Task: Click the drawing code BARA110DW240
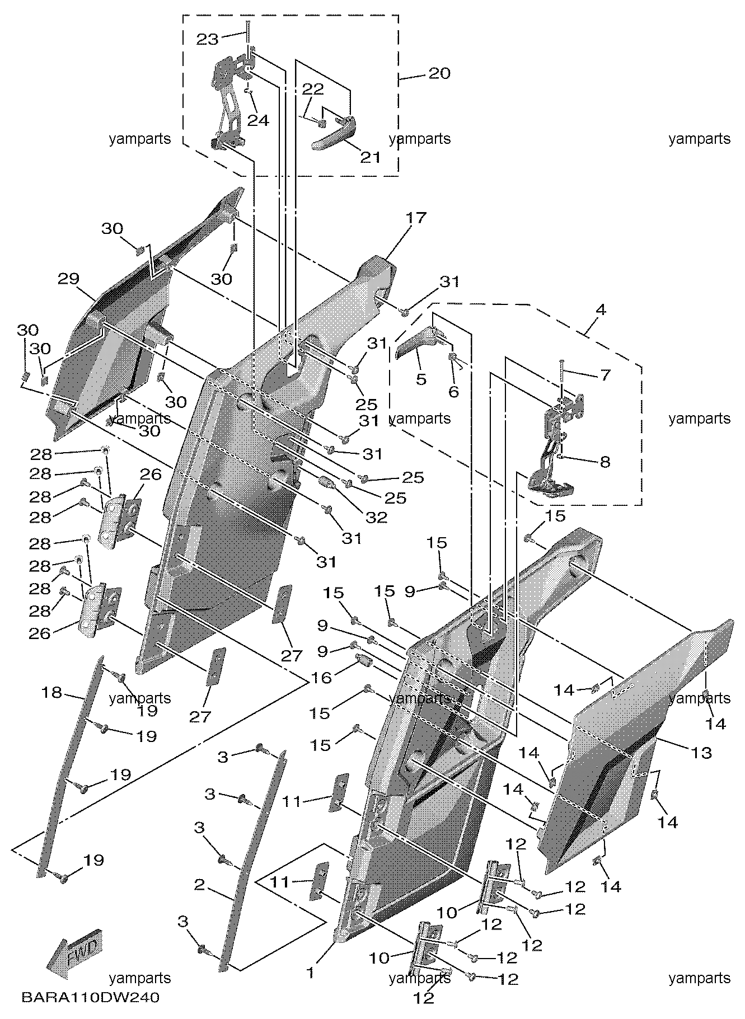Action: coord(91,998)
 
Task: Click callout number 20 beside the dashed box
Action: coord(439,73)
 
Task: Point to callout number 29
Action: coord(68,278)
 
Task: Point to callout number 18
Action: coord(51,692)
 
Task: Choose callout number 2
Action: coord(199,885)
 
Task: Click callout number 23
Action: coord(208,39)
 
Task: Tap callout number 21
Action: coord(369,157)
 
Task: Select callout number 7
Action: coord(605,374)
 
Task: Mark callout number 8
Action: coord(605,462)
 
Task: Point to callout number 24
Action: coord(258,120)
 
